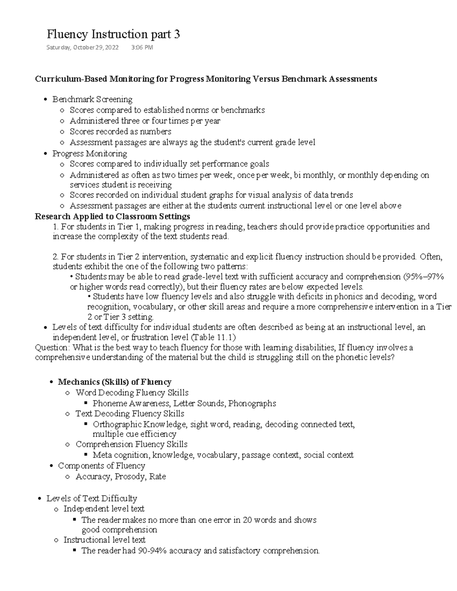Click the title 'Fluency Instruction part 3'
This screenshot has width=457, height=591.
[x=113, y=35]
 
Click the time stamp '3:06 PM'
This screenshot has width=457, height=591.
[x=142, y=48]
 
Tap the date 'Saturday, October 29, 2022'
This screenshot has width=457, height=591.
[x=82, y=48]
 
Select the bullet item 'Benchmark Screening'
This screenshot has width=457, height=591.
[x=92, y=99]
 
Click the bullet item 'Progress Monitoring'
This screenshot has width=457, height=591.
[x=89, y=154]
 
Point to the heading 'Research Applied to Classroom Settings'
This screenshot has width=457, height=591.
[x=112, y=217]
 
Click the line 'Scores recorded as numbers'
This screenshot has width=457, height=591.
[x=120, y=132]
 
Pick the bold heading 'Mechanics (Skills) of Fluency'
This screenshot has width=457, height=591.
[x=114, y=382]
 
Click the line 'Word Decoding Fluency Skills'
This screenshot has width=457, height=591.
[x=132, y=393]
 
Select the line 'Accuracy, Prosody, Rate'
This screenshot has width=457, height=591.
[x=121, y=476]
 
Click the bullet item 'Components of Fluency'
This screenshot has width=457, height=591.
[x=101, y=466]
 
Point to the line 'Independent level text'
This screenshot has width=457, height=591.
[x=104, y=509]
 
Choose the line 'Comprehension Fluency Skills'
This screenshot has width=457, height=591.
[x=131, y=444]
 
